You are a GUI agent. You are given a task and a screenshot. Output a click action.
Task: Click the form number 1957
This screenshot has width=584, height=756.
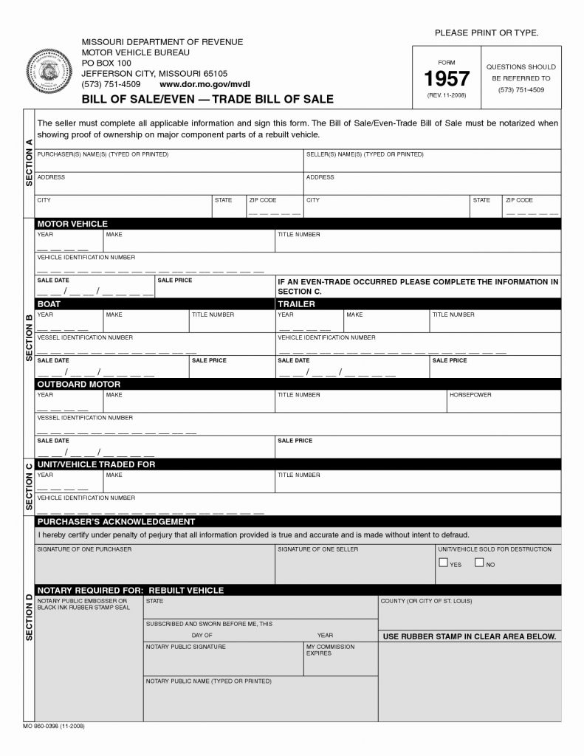tap(446, 79)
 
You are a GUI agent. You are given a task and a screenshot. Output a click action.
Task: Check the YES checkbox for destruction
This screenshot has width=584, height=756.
tap(443, 563)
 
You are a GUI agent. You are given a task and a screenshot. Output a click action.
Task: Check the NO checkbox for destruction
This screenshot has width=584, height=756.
tap(479, 563)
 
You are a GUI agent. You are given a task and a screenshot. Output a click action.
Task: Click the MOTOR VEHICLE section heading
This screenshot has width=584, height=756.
tap(72, 224)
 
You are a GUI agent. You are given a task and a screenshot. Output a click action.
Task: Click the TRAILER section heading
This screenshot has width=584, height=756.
tap(296, 304)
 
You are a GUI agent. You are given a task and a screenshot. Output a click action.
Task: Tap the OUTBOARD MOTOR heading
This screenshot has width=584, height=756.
tap(78, 385)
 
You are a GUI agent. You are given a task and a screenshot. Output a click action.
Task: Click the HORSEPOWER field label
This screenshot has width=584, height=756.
tap(470, 395)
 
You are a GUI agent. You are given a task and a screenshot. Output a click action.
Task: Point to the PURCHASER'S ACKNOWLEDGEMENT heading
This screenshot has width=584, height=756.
tap(116, 522)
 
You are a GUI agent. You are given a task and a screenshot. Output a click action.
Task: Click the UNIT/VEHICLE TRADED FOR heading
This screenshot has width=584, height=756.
tap(96, 464)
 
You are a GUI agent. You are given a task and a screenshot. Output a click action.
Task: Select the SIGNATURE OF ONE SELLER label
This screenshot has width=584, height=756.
tap(317, 550)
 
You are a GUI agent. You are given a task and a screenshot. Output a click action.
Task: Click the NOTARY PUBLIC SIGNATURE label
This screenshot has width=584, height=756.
tap(185, 647)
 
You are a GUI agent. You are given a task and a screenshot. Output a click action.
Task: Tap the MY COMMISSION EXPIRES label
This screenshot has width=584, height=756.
tap(330, 650)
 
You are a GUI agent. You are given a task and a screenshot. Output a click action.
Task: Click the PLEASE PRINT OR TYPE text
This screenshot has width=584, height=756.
tap(487, 33)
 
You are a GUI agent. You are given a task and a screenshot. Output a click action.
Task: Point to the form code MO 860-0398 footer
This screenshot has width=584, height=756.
tap(53, 726)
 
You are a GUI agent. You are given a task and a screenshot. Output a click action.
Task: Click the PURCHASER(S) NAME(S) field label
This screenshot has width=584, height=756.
tap(103, 154)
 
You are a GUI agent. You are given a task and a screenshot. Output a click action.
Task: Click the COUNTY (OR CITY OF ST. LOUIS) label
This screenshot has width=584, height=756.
tap(426, 601)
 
